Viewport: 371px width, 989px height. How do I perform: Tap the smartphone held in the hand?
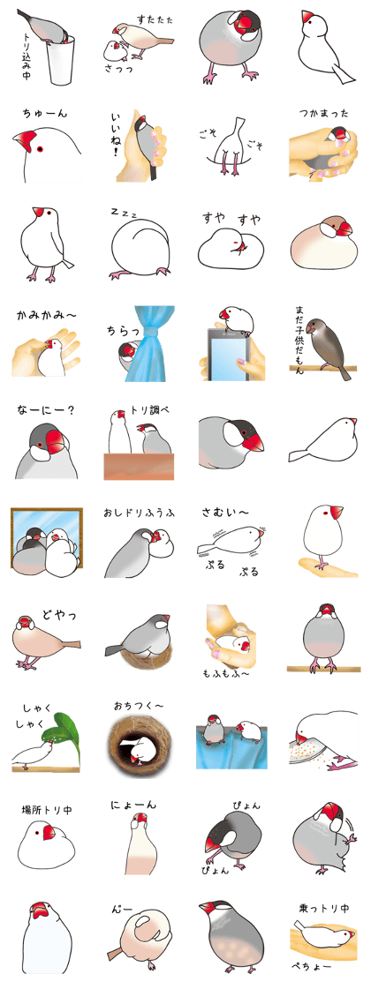coord(228,352)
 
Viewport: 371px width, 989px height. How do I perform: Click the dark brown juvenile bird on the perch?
coord(329,346)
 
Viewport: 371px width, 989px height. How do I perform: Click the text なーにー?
coord(46,410)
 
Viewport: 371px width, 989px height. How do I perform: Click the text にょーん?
coord(133,805)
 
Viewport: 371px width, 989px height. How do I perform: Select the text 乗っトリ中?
coord(323,908)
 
